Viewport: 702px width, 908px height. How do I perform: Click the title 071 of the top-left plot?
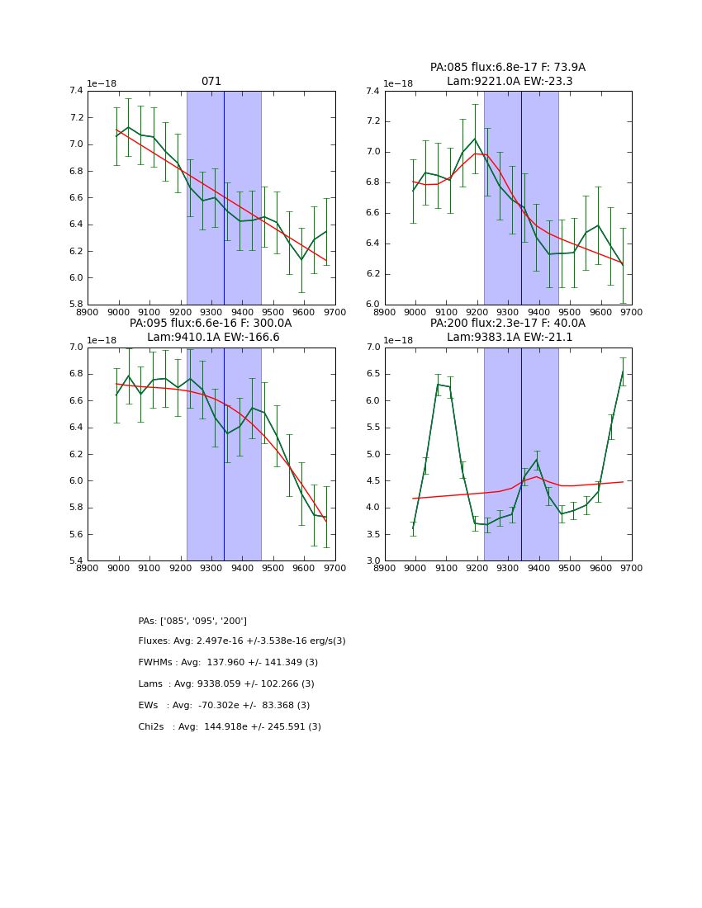[x=211, y=82]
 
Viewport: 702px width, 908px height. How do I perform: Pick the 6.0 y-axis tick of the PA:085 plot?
[x=372, y=305]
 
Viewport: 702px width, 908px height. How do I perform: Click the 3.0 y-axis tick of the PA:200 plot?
[x=372, y=561]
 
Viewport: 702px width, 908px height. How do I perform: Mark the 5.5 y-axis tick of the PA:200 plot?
[x=372, y=428]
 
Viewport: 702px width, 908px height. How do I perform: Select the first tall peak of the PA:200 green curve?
[x=439, y=384]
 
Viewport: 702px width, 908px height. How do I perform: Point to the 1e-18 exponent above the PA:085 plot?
[x=399, y=84]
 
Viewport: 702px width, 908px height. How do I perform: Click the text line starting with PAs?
[x=192, y=621]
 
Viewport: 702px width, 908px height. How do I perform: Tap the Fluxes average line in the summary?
[x=242, y=641]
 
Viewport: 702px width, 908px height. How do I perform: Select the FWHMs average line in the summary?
[x=228, y=663]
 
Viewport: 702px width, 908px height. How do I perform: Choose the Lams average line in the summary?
[x=226, y=684]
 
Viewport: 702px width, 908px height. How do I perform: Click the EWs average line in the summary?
[x=224, y=706]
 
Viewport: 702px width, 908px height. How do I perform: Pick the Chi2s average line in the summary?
[x=230, y=727]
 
